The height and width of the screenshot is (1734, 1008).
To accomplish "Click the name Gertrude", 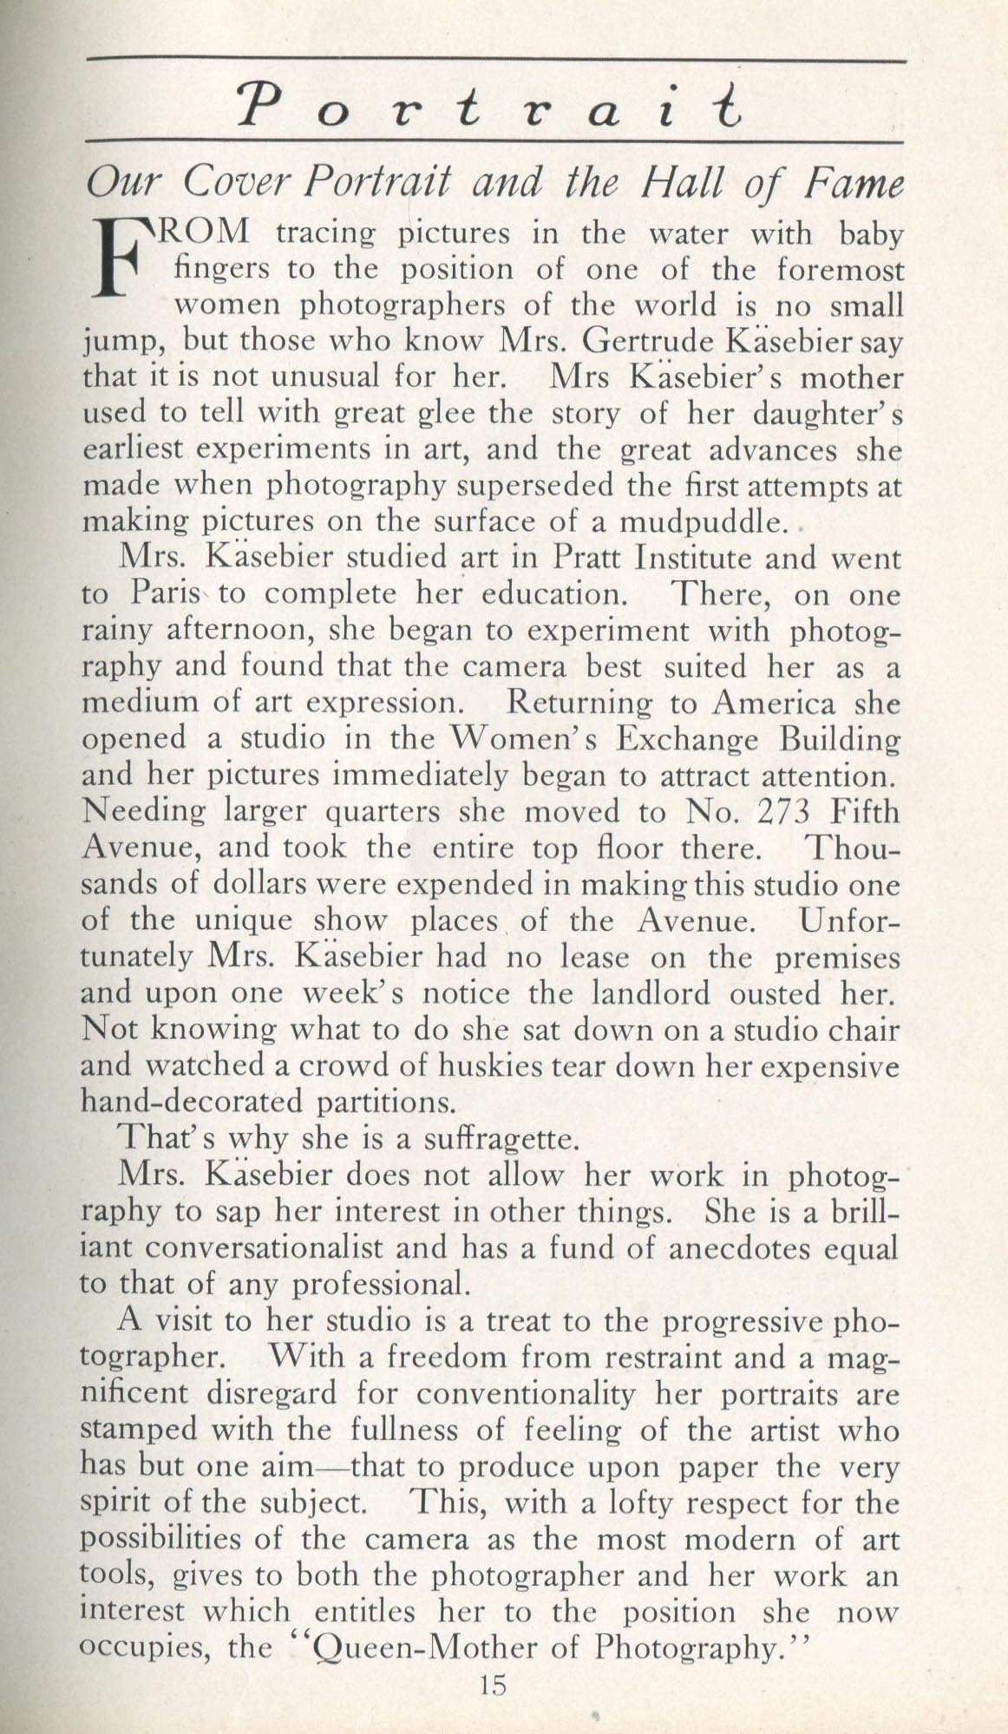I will coord(650,341).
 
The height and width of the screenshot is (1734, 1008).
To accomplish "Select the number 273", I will coord(782,812).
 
